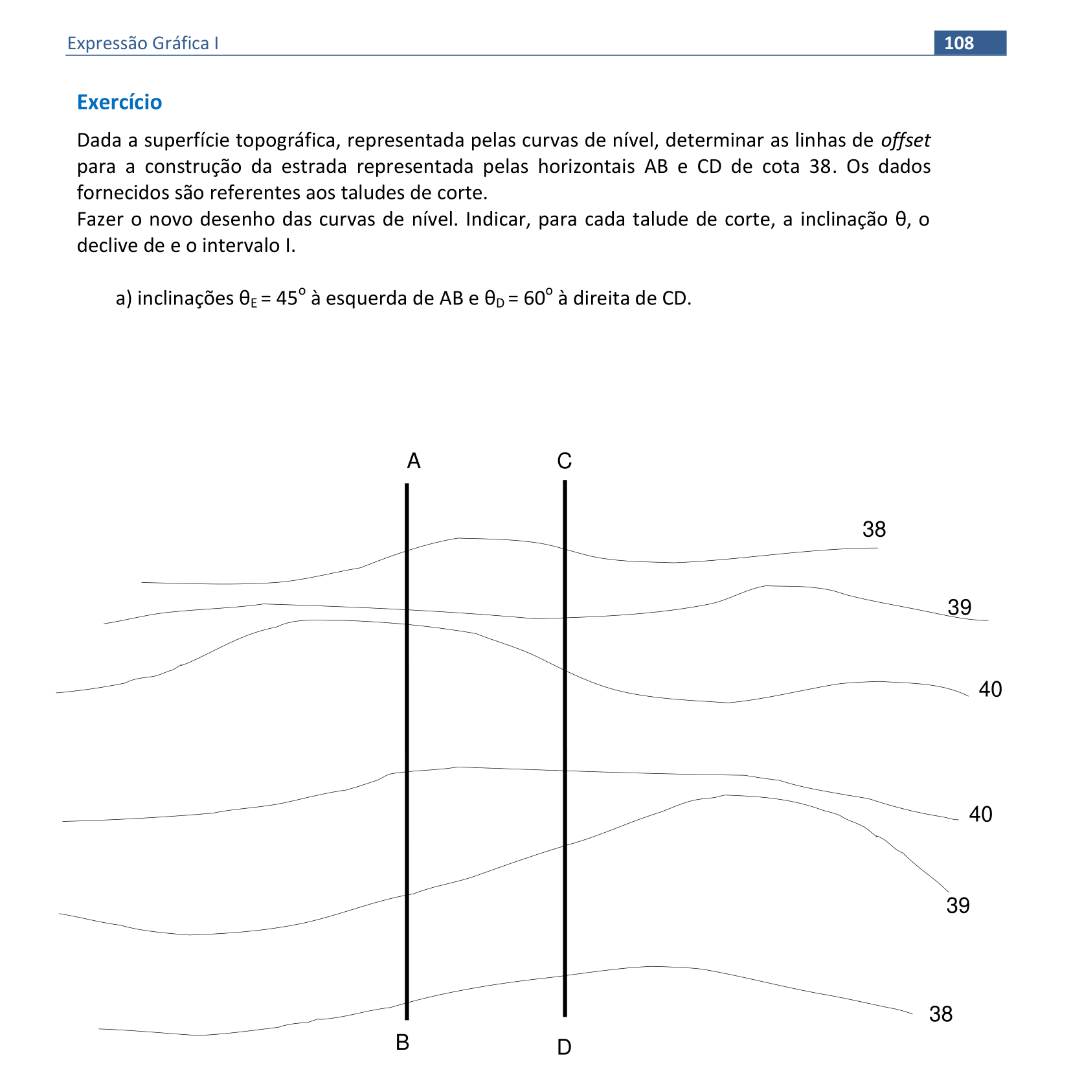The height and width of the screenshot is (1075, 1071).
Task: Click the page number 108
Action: [x=958, y=43]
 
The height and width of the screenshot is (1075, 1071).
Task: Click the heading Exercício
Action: [x=119, y=102]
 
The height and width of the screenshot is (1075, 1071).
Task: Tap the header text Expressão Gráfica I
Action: [x=142, y=43]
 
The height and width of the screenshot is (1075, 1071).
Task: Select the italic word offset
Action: [x=905, y=140]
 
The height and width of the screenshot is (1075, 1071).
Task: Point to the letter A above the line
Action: [x=414, y=461]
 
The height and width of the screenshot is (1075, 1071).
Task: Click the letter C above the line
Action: [x=564, y=461]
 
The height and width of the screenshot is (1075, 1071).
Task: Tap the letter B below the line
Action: [x=402, y=1042]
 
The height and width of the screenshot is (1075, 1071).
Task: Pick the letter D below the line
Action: [x=564, y=1047]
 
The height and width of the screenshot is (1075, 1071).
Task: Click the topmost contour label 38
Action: [x=874, y=530]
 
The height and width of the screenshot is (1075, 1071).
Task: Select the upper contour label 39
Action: [x=959, y=607]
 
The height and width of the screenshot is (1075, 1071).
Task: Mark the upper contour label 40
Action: [x=990, y=689]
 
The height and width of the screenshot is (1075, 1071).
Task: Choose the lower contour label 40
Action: [x=980, y=814]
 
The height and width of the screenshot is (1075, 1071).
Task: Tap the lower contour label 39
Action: [x=958, y=905]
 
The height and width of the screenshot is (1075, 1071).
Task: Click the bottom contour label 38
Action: [x=940, y=1013]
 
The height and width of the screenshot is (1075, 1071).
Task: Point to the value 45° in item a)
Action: [x=289, y=298]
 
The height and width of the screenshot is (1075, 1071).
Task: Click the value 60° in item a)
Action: [x=537, y=298]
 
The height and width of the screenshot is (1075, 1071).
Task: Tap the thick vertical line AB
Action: [x=407, y=751]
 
